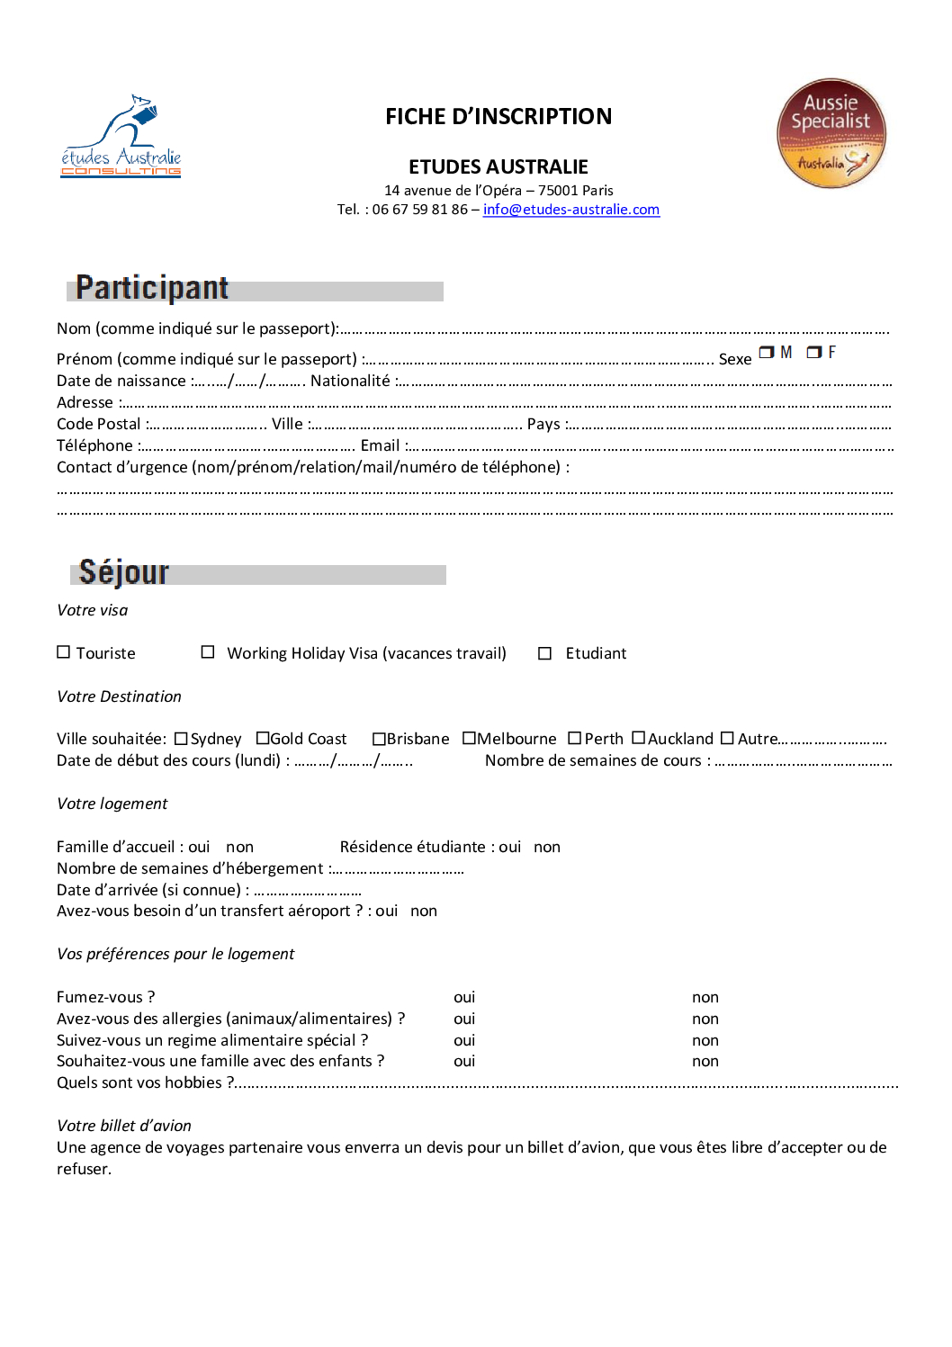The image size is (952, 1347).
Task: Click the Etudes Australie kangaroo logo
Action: point(121,137)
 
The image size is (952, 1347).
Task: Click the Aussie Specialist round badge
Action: point(831,133)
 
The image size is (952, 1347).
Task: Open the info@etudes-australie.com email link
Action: point(570,210)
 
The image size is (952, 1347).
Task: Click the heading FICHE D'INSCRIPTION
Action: point(498,117)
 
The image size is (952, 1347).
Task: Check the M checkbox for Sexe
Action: point(766,353)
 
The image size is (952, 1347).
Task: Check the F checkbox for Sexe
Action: point(813,353)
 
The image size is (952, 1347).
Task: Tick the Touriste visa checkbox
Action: point(64,652)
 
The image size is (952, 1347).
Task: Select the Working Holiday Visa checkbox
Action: point(208,652)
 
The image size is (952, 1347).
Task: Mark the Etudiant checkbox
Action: point(544,653)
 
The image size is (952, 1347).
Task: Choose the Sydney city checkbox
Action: point(181,739)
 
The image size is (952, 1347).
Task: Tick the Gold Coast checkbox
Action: point(263,739)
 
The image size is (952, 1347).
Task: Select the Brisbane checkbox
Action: point(379,739)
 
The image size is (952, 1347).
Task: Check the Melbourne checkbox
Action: point(469,739)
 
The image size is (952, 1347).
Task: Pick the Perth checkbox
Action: point(575,739)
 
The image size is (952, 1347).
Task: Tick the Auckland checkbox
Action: point(638,739)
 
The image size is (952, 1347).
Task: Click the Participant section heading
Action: point(152,288)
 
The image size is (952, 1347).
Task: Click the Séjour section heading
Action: point(124,572)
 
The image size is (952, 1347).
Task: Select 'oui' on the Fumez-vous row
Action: point(464,997)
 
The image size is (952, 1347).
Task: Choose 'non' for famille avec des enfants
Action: point(705,1062)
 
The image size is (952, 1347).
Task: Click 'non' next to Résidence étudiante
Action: point(547,847)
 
